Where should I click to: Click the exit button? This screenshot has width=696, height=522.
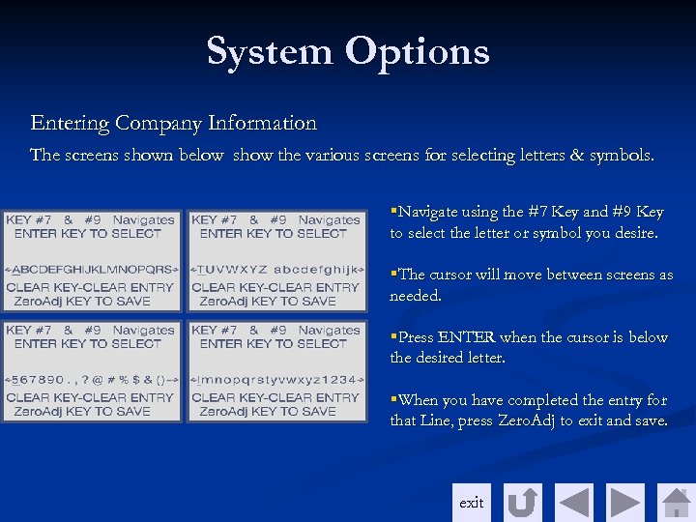coord(472,503)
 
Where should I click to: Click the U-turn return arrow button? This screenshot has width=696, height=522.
coord(523,503)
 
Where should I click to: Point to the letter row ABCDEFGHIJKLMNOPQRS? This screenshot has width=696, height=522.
coord(92,270)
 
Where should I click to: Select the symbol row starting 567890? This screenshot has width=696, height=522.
coord(92,380)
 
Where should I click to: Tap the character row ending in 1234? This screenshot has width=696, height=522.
coord(278,380)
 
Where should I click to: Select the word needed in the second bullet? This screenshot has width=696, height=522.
coord(415,296)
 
